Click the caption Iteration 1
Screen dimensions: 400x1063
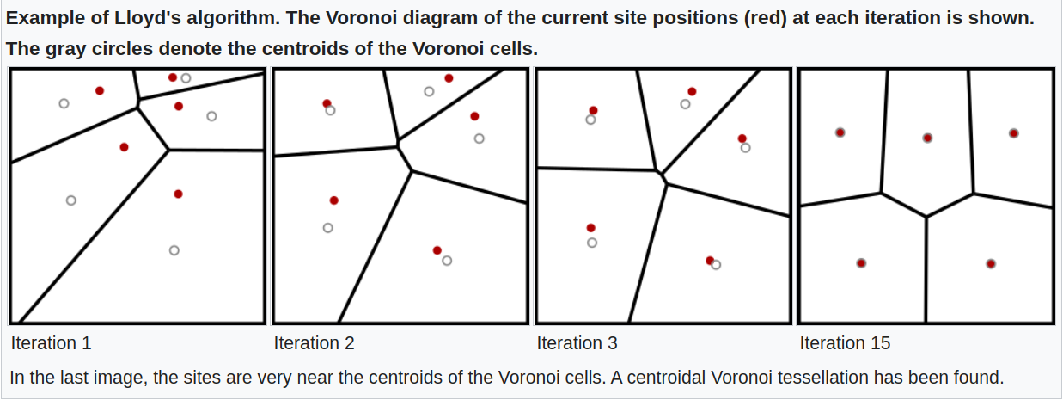pos(51,343)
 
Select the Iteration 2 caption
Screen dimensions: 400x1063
pos(314,343)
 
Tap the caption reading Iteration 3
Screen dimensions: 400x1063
pos(577,343)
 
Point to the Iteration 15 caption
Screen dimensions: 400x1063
pos(845,343)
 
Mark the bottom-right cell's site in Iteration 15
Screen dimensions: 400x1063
pos(991,263)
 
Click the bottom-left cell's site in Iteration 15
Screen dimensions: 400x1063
pos(861,263)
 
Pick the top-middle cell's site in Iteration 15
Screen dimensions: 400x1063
pos(927,138)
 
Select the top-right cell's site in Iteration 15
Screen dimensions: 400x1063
pos(1014,133)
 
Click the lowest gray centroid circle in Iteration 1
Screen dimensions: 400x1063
pos(174,250)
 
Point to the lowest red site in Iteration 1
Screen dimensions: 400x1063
pos(178,194)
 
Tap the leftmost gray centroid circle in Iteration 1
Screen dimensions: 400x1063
pos(64,103)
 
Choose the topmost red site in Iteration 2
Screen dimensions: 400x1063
pos(449,78)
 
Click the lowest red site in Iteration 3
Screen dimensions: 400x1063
pos(710,260)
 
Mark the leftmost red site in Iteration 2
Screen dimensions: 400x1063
pos(327,104)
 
